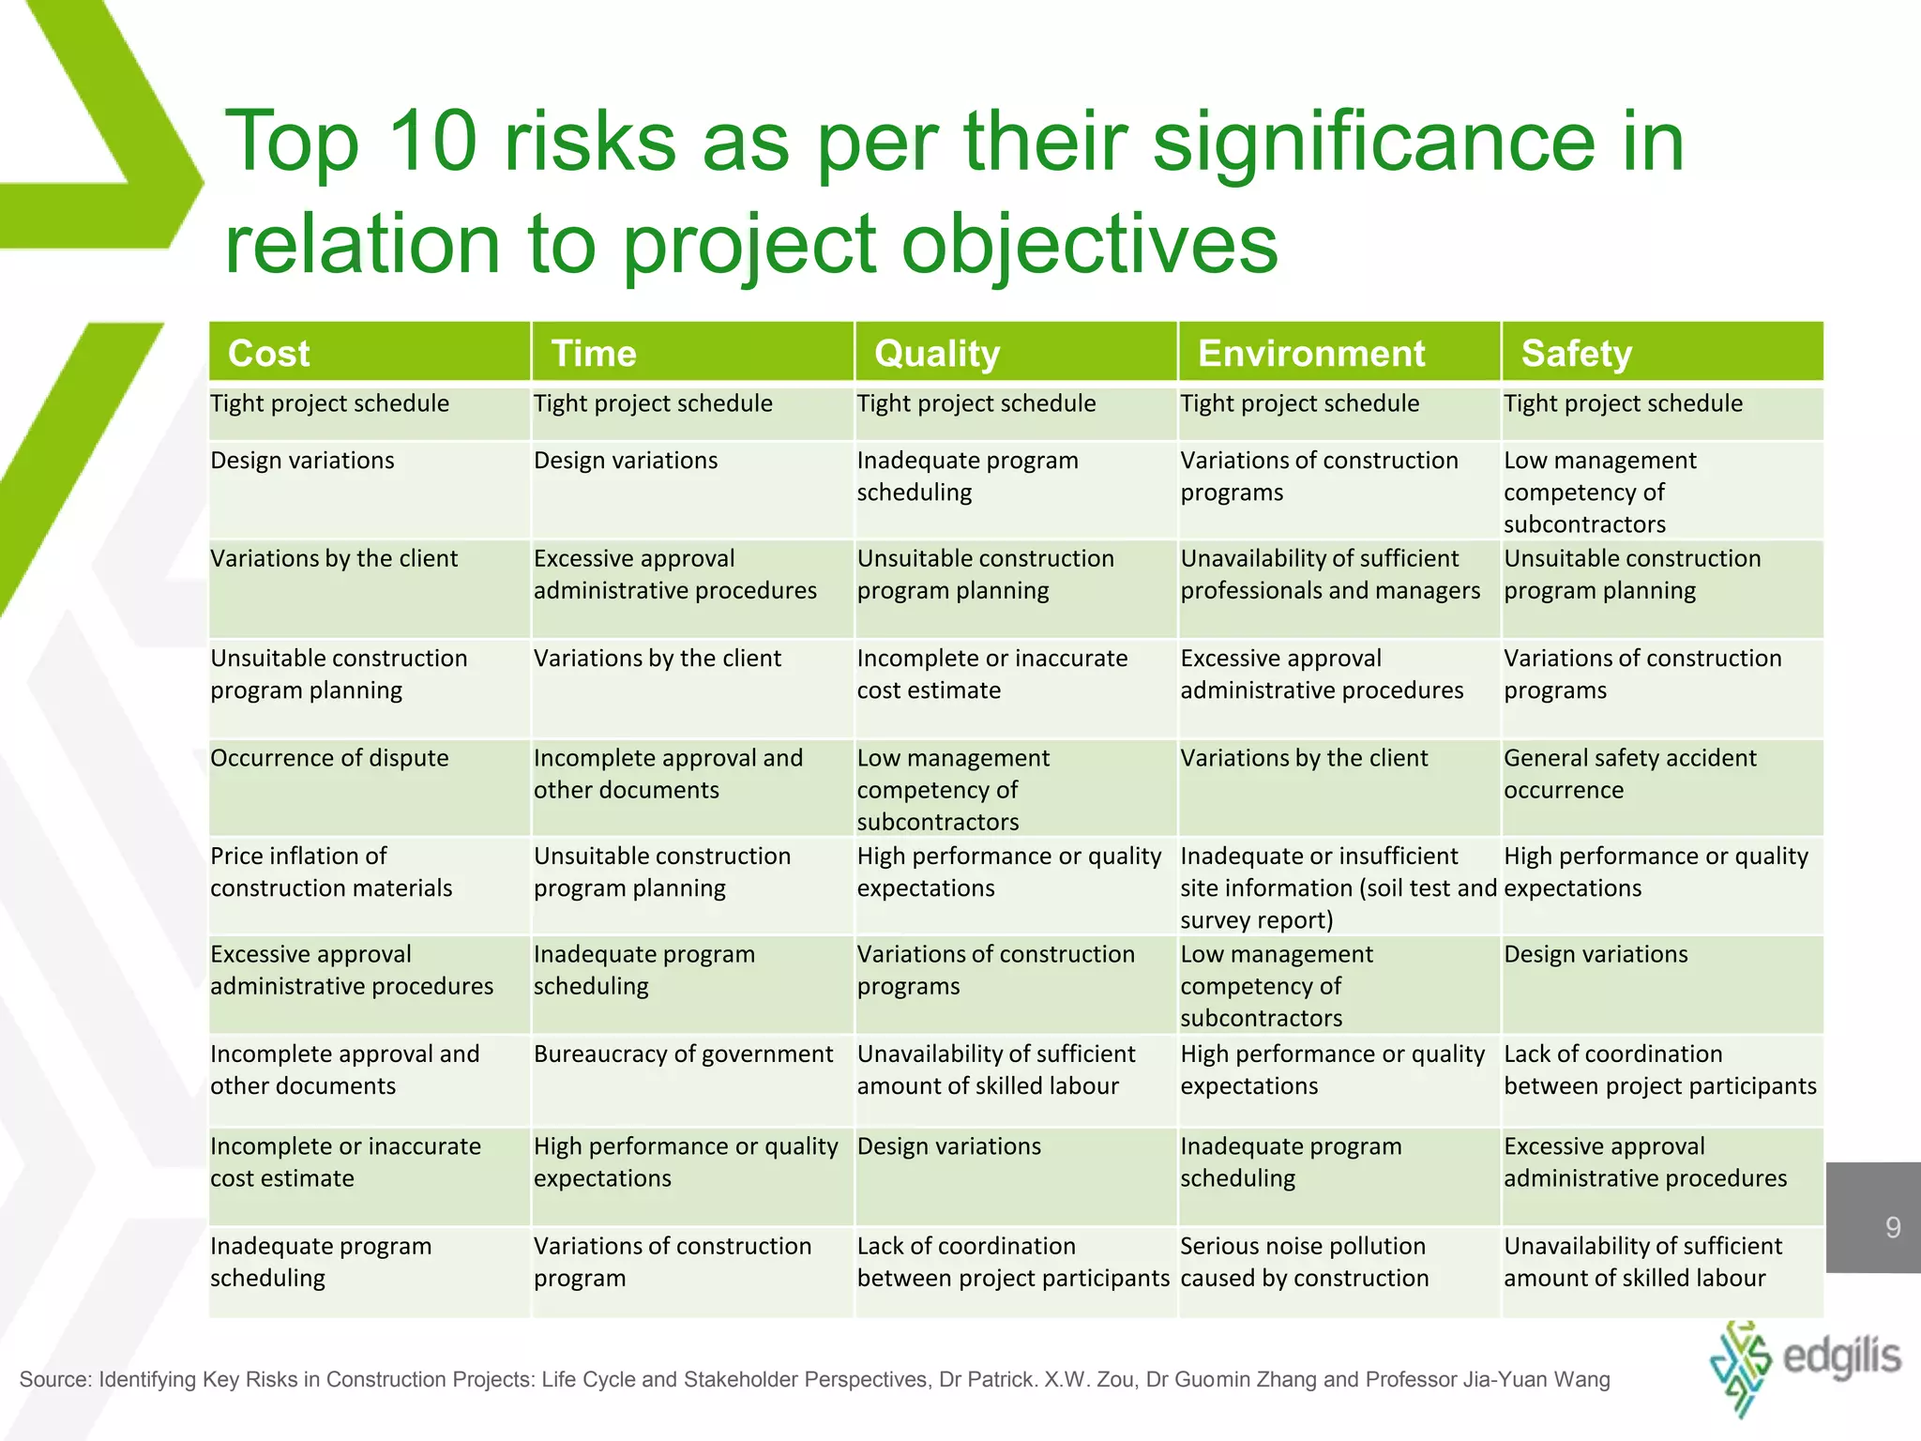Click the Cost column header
click(x=268, y=354)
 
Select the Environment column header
click(x=1310, y=354)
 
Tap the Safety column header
click(x=1576, y=354)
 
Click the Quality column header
click(x=936, y=354)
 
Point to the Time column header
click(x=593, y=354)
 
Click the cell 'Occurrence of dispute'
click(x=329, y=758)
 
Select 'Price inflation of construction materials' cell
click(x=330, y=872)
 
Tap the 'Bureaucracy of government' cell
click(x=683, y=1054)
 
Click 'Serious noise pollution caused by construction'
click(x=1304, y=1262)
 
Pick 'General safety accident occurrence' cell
click(x=1629, y=774)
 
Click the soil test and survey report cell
click(x=1337, y=887)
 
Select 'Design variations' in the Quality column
click(x=948, y=1146)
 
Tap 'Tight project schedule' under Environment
click(x=1299, y=403)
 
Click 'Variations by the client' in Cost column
click(x=334, y=559)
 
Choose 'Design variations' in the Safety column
click(x=1596, y=954)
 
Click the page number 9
click(x=1893, y=1227)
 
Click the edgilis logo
click(x=1806, y=1365)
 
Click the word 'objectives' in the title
click(x=1089, y=244)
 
